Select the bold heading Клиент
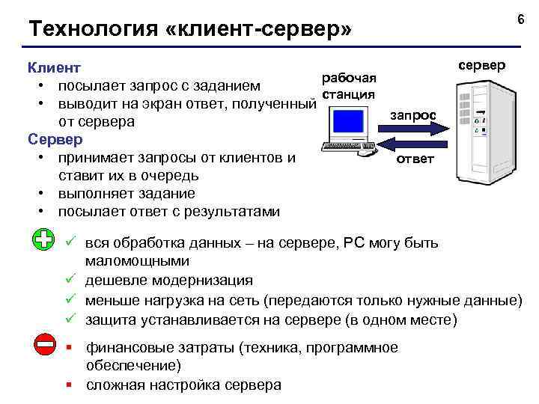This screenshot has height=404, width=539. point(54,67)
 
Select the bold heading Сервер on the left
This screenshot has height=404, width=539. point(55,139)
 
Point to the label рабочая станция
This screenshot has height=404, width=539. point(348,85)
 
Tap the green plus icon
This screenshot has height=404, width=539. point(45,240)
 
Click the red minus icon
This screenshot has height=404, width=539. point(45,345)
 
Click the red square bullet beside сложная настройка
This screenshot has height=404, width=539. point(69,386)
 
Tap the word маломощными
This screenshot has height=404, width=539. point(137,261)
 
